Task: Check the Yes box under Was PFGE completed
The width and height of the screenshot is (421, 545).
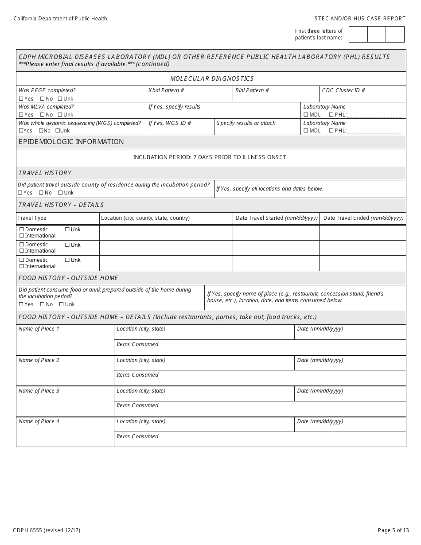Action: [x=21, y=99]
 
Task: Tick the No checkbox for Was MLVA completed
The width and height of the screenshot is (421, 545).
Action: [x=42, y=115]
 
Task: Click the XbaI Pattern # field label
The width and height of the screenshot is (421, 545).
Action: [x=166, y=90]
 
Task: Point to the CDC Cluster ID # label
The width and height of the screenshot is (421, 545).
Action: [x=343, y=90]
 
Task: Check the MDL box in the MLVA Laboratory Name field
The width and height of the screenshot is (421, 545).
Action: [x=306, y=115]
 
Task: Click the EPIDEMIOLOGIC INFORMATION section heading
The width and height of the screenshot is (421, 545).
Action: [x=71, y=142]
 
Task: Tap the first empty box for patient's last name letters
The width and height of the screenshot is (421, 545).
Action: [x=358, y=35]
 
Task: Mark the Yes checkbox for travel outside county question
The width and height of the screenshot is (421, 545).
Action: [x=20, y=193]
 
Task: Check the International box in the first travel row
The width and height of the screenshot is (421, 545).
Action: [x=21, y=236]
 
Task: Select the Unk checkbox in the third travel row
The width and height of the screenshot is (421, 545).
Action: [x=67, y=260]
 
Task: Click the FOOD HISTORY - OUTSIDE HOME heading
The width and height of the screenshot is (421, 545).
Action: [x=68, y=278]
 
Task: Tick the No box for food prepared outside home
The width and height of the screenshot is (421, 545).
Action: [x=42, y=304]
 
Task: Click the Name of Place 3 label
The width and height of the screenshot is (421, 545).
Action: [x=39, y=391]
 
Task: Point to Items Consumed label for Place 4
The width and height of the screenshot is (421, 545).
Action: [x=137, y=436]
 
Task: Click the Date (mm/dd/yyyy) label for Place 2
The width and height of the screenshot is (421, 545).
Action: [x=320, y=360]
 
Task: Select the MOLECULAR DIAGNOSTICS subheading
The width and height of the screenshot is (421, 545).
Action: [x=212, y=78]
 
